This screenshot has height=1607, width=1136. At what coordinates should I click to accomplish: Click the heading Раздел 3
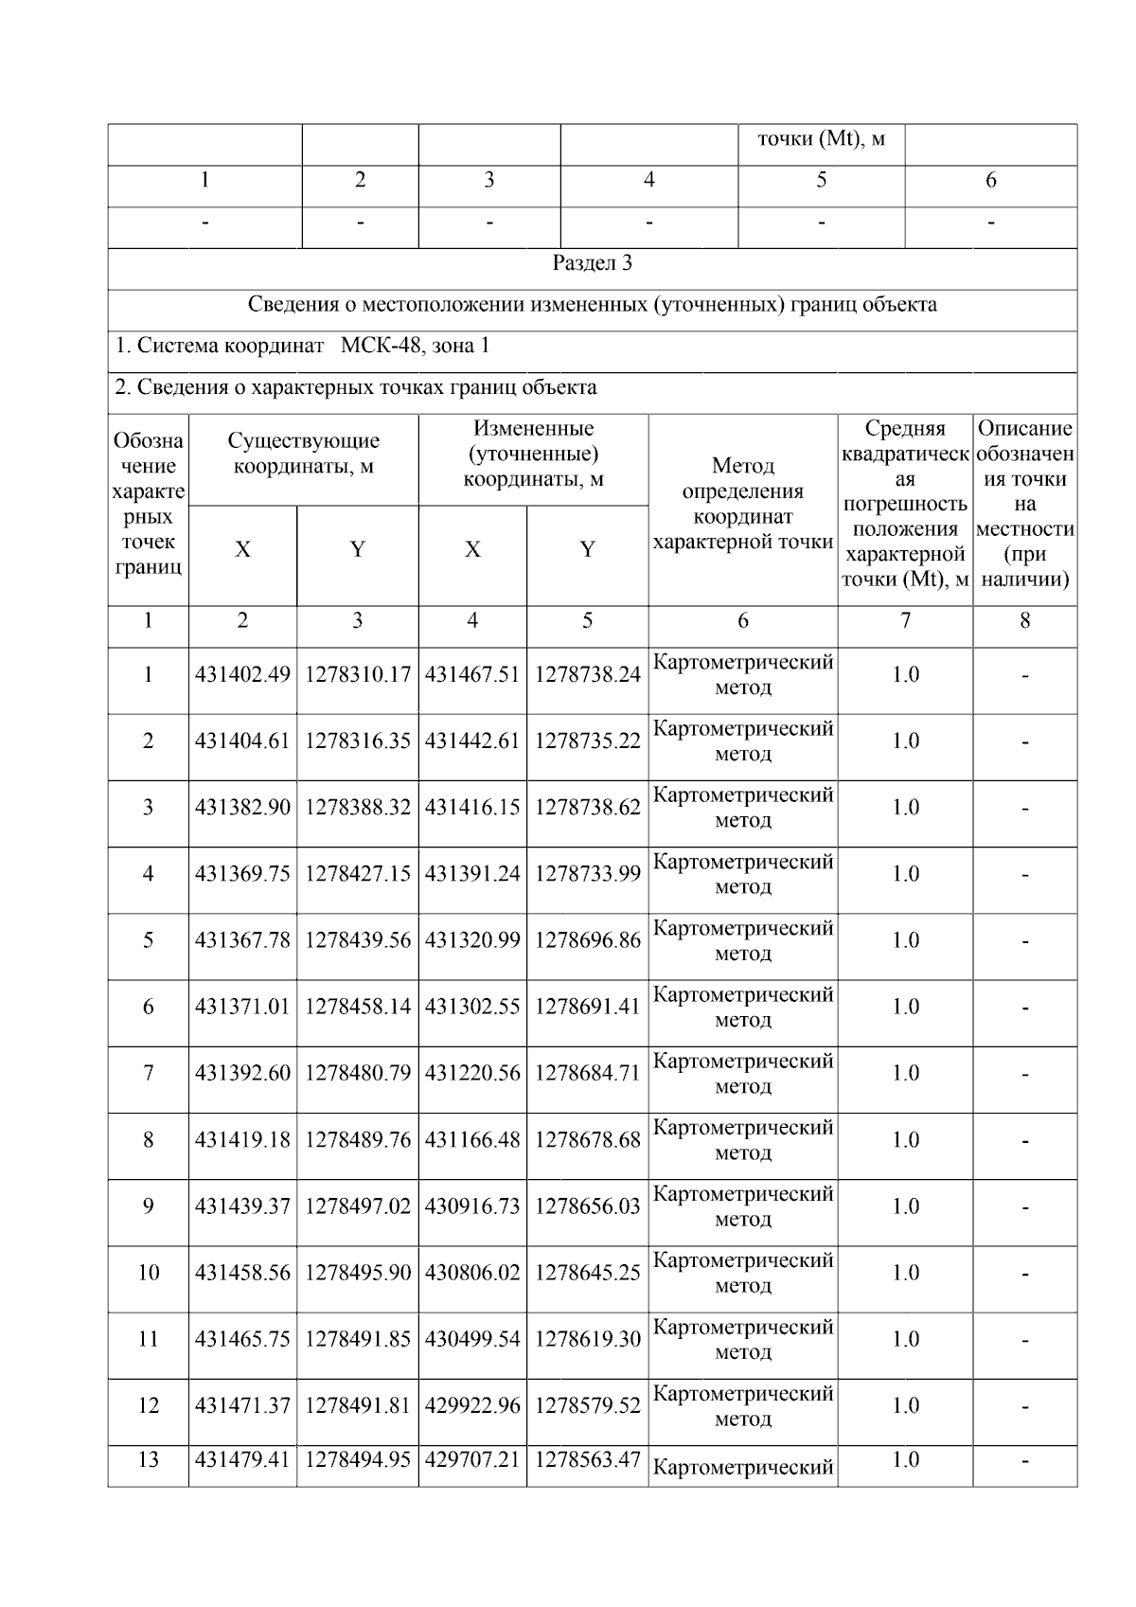pyautogui.click(x=592, y=263)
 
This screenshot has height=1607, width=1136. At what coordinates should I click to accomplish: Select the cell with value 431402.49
pyautogui.click(x=242, y=675)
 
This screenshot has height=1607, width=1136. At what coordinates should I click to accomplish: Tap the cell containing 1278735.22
pyautogui.click(x=587, y=741)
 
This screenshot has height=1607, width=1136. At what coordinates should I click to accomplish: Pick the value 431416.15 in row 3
pyautogui.click(x=472, y=808)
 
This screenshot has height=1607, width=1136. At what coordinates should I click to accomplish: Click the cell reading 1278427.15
pyautogui.click(x=357, y=874)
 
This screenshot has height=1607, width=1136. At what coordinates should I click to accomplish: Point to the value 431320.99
pyautogui.click(x=472, y=940)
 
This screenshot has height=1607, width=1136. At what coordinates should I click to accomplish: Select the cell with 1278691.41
pyautogui.click(x=587, y=1007)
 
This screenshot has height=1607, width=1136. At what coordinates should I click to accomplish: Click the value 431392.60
pyautogui.click(x=242, y=1074)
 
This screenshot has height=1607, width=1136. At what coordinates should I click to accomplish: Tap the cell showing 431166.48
pyautogui.click(x=472, y=1140)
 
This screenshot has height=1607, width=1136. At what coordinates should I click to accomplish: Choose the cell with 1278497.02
pyautogui.click(x=357, y=1206)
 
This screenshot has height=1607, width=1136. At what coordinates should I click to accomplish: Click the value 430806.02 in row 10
pyautogui.click(x=472, y=1273)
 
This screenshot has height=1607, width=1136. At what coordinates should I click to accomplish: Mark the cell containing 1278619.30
pyautogui.click(x=587, y=1339)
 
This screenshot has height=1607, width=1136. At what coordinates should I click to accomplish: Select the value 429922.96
pyautogui.click(x=472, y=1406)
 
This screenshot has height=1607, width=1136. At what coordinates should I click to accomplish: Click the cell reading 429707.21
pyautogui.click(x=472, y=1460)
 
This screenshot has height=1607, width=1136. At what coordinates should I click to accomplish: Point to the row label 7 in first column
pyautogui.click(x=148, y=1074)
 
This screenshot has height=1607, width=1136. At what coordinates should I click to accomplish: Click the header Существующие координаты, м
pyautogui.click(x=303, y=454)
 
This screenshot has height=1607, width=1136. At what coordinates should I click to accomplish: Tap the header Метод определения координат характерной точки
pyautogui.click(x=742, y=504)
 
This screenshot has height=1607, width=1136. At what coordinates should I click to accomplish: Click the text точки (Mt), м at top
pyautogui.click(x=821, y=139)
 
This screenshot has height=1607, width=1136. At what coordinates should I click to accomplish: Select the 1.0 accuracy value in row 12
pyautogui.click(x=905, y=1406)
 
